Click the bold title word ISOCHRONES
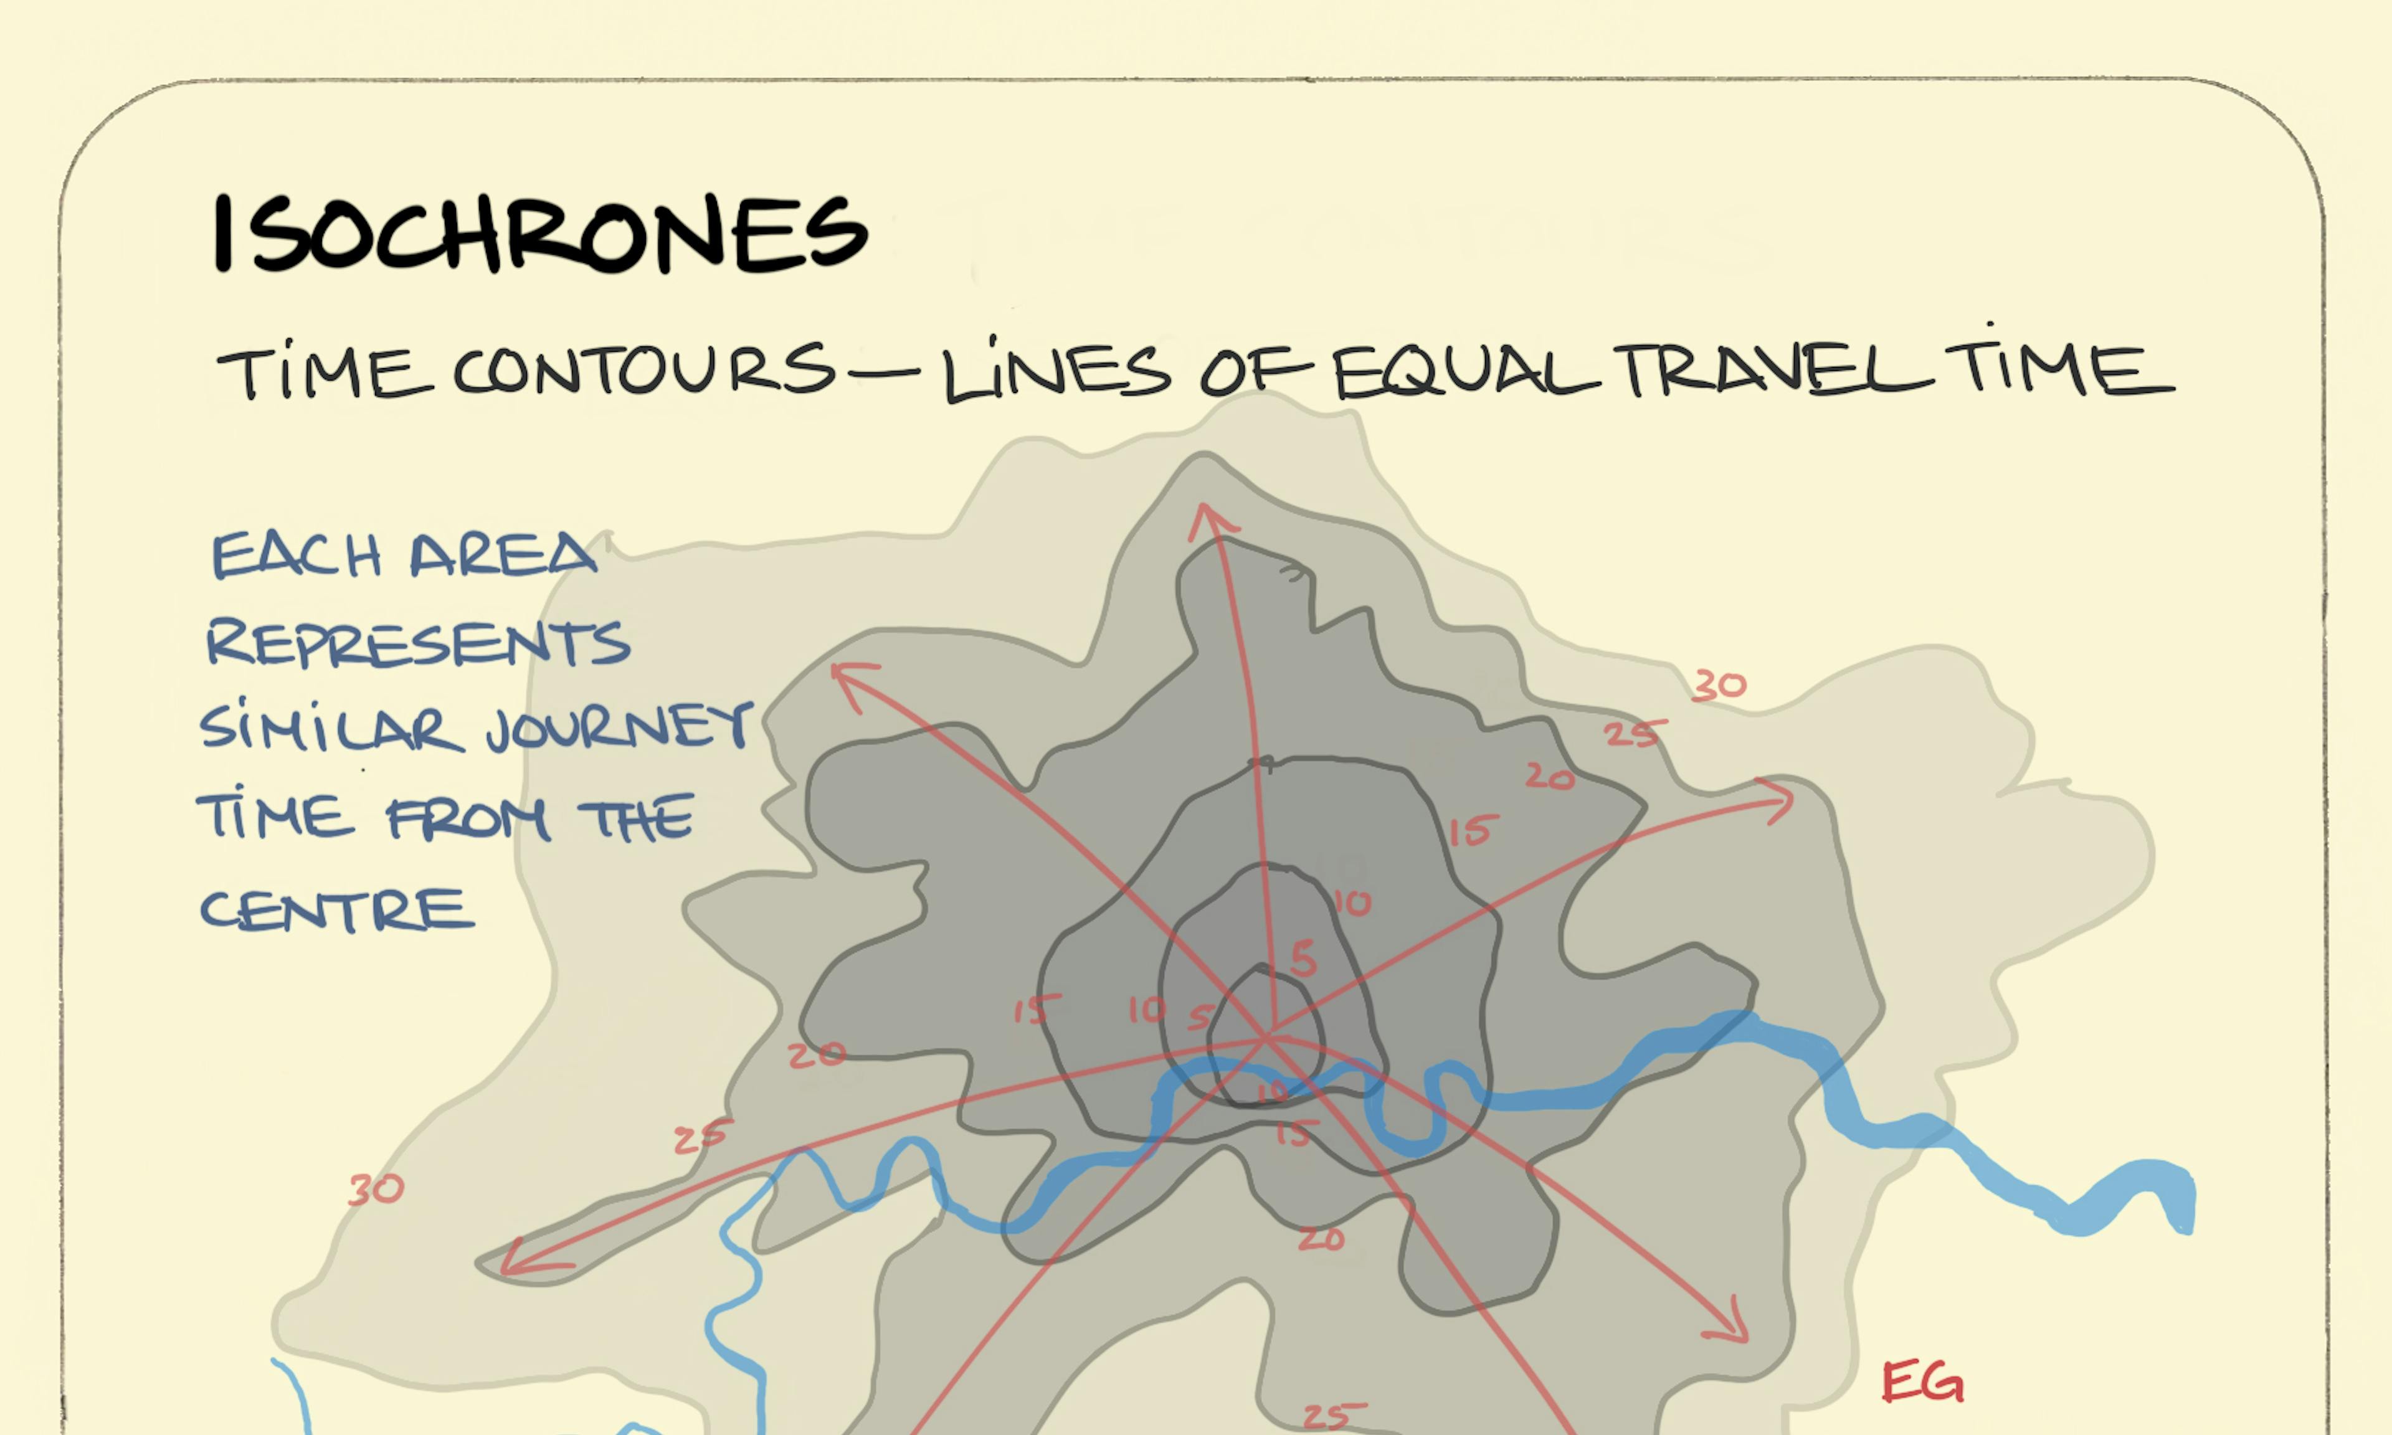[x=539, y=232]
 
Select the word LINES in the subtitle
[x=1056, y=371]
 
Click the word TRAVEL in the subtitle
[x=1777, y=371]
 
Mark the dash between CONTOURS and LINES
[x=888, y=369]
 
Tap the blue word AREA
[x=503, y=555]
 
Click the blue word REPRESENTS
[x=418, y=642]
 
